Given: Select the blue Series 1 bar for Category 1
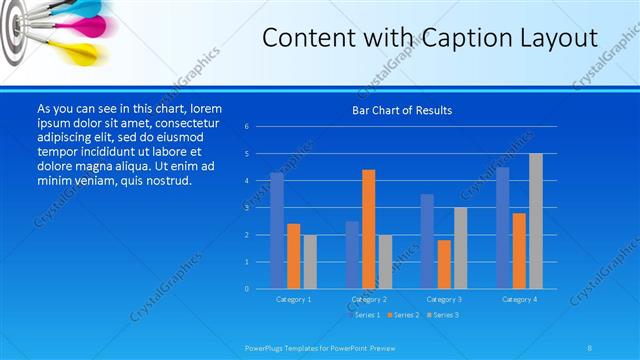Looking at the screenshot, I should coord(277,231).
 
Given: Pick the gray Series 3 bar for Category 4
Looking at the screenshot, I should coord(536,221).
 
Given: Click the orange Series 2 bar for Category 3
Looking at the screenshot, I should coord(444,264).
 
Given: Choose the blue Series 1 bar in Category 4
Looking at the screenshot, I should coord(503,228).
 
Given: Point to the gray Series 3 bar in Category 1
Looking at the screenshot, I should coord(310,262).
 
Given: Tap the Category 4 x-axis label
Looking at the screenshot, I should coord(519,299).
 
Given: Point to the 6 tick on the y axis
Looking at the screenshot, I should coord(246,127).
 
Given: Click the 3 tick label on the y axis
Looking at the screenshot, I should coord(246,208).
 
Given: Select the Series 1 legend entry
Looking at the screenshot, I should coord(363,315).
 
